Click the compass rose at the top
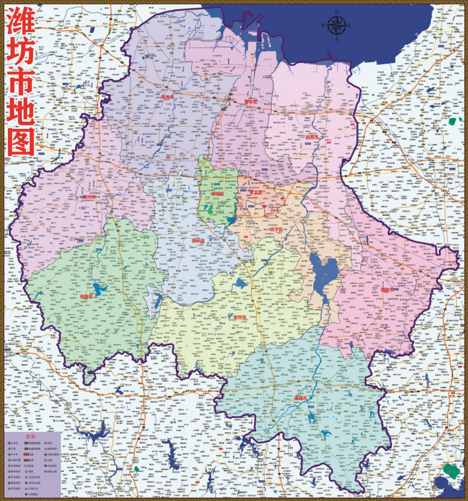pos(336,25)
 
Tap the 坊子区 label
pos(277,229)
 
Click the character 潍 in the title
pos(19,26)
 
